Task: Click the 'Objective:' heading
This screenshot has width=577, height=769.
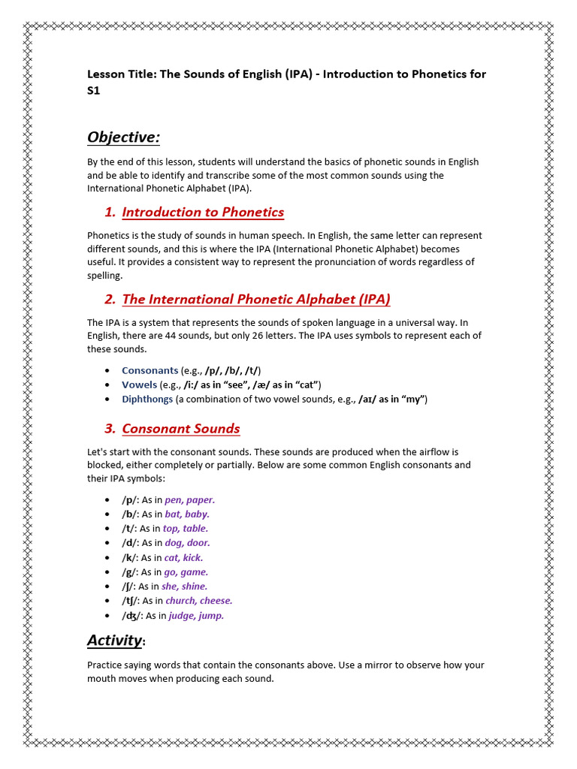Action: coord(123,137)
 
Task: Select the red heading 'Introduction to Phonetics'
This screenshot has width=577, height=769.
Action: coord(203,212)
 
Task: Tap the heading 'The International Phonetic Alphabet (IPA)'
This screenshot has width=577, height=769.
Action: coord(256,299)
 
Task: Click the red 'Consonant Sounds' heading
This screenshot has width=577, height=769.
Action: coord(181,429)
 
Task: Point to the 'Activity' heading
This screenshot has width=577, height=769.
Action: coord(114,640)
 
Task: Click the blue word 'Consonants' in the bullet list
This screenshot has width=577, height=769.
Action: coord(150,370)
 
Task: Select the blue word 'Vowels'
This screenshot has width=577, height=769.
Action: coord(139,384)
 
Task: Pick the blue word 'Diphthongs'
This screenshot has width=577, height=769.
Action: coord(147,399)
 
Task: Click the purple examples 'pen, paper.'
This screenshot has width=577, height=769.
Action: coord(190,499)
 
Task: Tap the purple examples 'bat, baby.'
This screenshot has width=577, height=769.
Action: coord(187,514)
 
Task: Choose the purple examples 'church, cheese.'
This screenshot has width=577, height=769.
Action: coord(198,601)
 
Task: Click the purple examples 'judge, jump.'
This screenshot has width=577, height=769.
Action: coord(195,616)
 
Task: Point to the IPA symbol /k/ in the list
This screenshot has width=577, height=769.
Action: coord(129,558)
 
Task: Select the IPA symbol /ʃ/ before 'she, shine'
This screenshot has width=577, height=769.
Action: coord(128,587)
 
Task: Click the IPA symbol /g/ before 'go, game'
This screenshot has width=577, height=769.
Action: coord(129,572)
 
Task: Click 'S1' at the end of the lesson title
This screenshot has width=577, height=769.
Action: coord(94,91)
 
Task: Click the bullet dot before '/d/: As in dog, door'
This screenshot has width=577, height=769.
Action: coord(109,543)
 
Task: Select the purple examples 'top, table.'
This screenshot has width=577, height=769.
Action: coord(186,529)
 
